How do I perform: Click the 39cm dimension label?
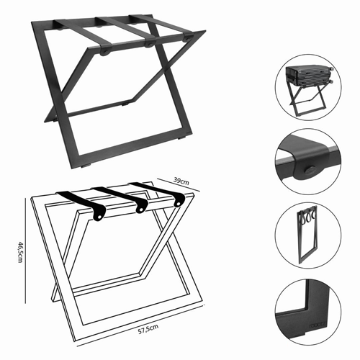tap(181, 181)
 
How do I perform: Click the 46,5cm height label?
tap(21, 252)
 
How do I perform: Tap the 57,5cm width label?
tap(148, 329)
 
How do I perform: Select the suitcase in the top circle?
tap(308, 76)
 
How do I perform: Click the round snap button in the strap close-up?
tap(310, 169)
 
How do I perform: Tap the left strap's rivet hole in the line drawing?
tap(99, 217)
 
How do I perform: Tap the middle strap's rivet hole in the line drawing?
tap(140, 210)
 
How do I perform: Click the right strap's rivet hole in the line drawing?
tap(178, 204)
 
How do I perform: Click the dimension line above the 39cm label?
tap(179, 185)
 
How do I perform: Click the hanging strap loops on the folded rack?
tap(307, 215)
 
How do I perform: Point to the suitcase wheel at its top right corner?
tap(332, 68)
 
